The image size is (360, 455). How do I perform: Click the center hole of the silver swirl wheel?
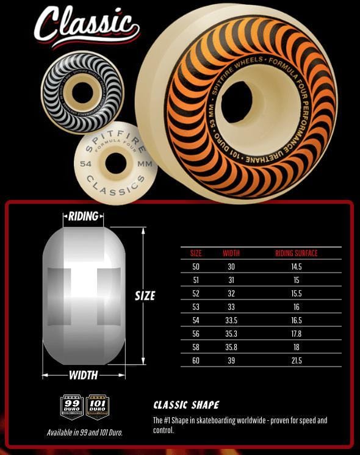coord(82,92)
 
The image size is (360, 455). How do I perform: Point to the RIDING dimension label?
coord(84,217)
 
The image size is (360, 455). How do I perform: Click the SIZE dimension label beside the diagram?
coord(145,296)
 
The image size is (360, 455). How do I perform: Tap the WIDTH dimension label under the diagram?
coord(84,374)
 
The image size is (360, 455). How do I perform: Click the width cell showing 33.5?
coord(231,320)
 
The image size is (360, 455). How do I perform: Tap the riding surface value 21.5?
coord(297,360)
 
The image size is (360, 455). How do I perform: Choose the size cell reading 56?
coord(196,334)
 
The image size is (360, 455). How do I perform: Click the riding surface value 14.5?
coord(297,267)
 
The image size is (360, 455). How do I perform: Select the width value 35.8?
coord(231,347)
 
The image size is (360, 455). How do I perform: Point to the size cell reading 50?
coord(196,267)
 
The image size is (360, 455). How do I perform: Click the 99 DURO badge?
coord(72,407)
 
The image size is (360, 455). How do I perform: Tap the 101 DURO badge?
coord(97,407)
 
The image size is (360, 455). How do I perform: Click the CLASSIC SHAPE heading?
coord(186,405)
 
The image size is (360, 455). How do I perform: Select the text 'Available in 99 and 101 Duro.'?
coord(84,432)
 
